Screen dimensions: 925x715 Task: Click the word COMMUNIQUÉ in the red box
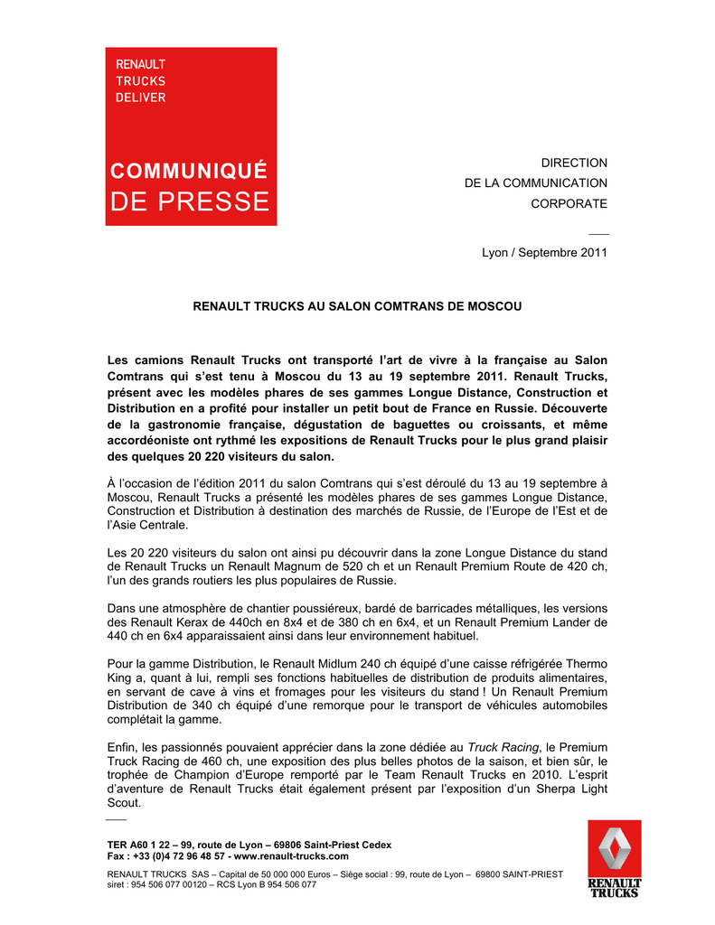click(x=189, y=170)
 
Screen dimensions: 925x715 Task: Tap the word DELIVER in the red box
click(x=140, y=98)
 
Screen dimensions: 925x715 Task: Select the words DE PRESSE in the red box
click(x=190, y=201)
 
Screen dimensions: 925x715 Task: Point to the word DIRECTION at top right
click(x=574, y=163)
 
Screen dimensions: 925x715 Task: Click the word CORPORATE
click(x=569, y=204)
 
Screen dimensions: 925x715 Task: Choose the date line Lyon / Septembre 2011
click(x=544, y=253)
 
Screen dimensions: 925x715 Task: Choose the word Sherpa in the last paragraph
click(x=534, y=790)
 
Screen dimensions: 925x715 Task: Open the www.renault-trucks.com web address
click(x=291, y=855)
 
